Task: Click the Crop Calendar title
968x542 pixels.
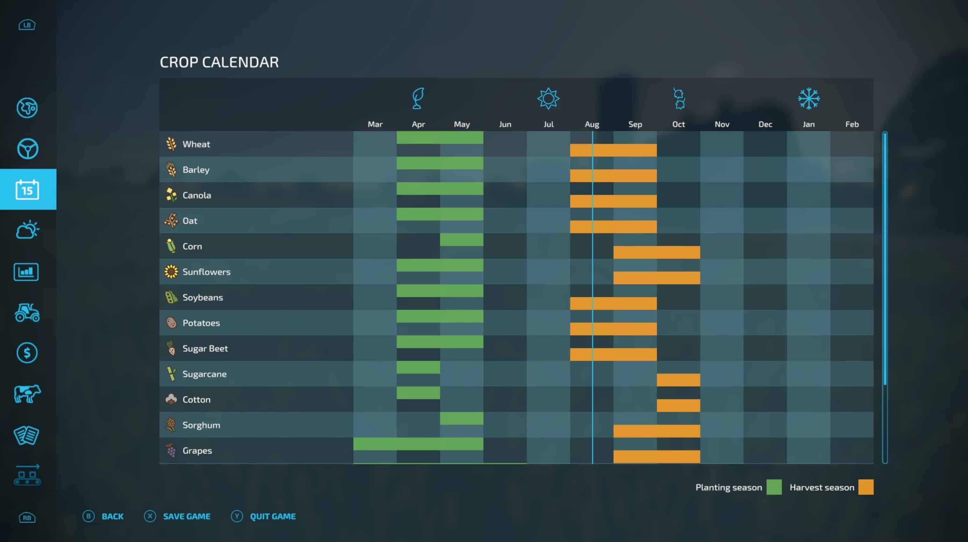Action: point(219,62)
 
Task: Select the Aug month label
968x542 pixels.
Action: point(592,124)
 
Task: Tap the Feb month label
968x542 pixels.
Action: point(851,124)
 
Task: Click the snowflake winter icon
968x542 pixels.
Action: point(809,98)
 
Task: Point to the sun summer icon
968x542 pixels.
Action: point(548,98)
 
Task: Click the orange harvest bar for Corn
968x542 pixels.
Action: point(656,252)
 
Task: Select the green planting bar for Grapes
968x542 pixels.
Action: point(418,444)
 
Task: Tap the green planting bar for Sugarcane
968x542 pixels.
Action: point(418,367)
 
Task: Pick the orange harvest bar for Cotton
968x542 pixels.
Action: point(678,406)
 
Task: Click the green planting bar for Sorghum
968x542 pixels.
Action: point(462,418)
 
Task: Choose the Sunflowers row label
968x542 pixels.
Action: point(206,272)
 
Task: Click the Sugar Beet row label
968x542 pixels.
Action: point(205,349)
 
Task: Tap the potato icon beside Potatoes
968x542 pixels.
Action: point(171,322)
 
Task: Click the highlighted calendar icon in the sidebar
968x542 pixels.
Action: point(27,190)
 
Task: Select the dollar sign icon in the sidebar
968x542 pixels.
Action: point(27,352)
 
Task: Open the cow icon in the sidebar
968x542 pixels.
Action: point(27,394)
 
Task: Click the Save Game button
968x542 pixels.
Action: point(186,516)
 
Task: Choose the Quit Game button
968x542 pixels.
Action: point(272,516)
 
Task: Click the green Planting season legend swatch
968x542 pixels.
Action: point(774,487)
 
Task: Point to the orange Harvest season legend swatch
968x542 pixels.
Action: point(865,487)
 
